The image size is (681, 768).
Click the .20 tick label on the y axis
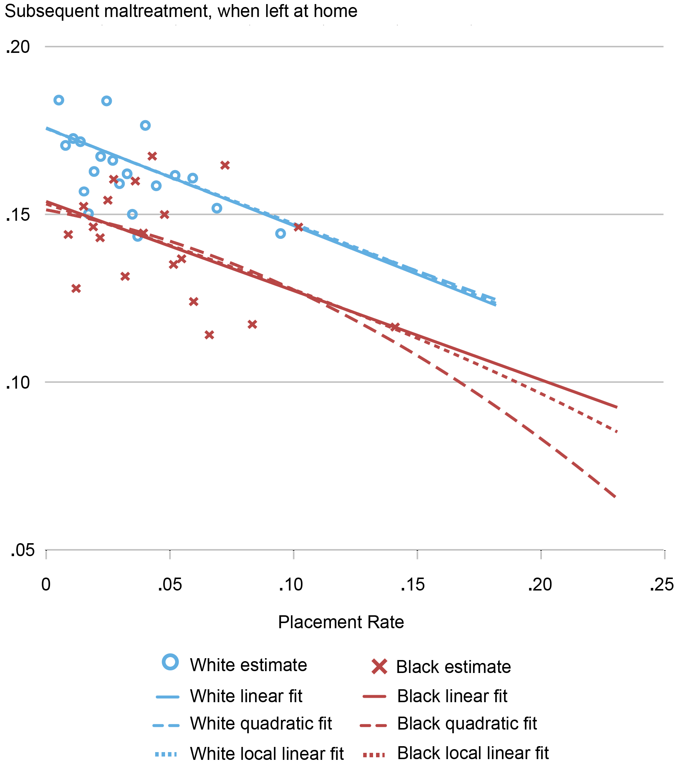click(x=18, y=47)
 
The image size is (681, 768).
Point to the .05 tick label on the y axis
click(x=23, y=551)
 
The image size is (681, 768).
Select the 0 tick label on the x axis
click(x=46, y=585)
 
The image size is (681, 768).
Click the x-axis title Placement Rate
click(x=341, y=622)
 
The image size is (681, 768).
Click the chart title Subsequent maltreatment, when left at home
click(x=181, y=11)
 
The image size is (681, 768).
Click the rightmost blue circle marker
click(x=281, y=234)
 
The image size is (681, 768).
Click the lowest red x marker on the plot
click(x=209, y=335)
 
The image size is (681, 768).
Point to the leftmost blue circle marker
click(x=58, y=100)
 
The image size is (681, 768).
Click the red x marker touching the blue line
click(x=298, y=227)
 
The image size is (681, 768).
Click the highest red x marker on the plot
click(x=152, y=156)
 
